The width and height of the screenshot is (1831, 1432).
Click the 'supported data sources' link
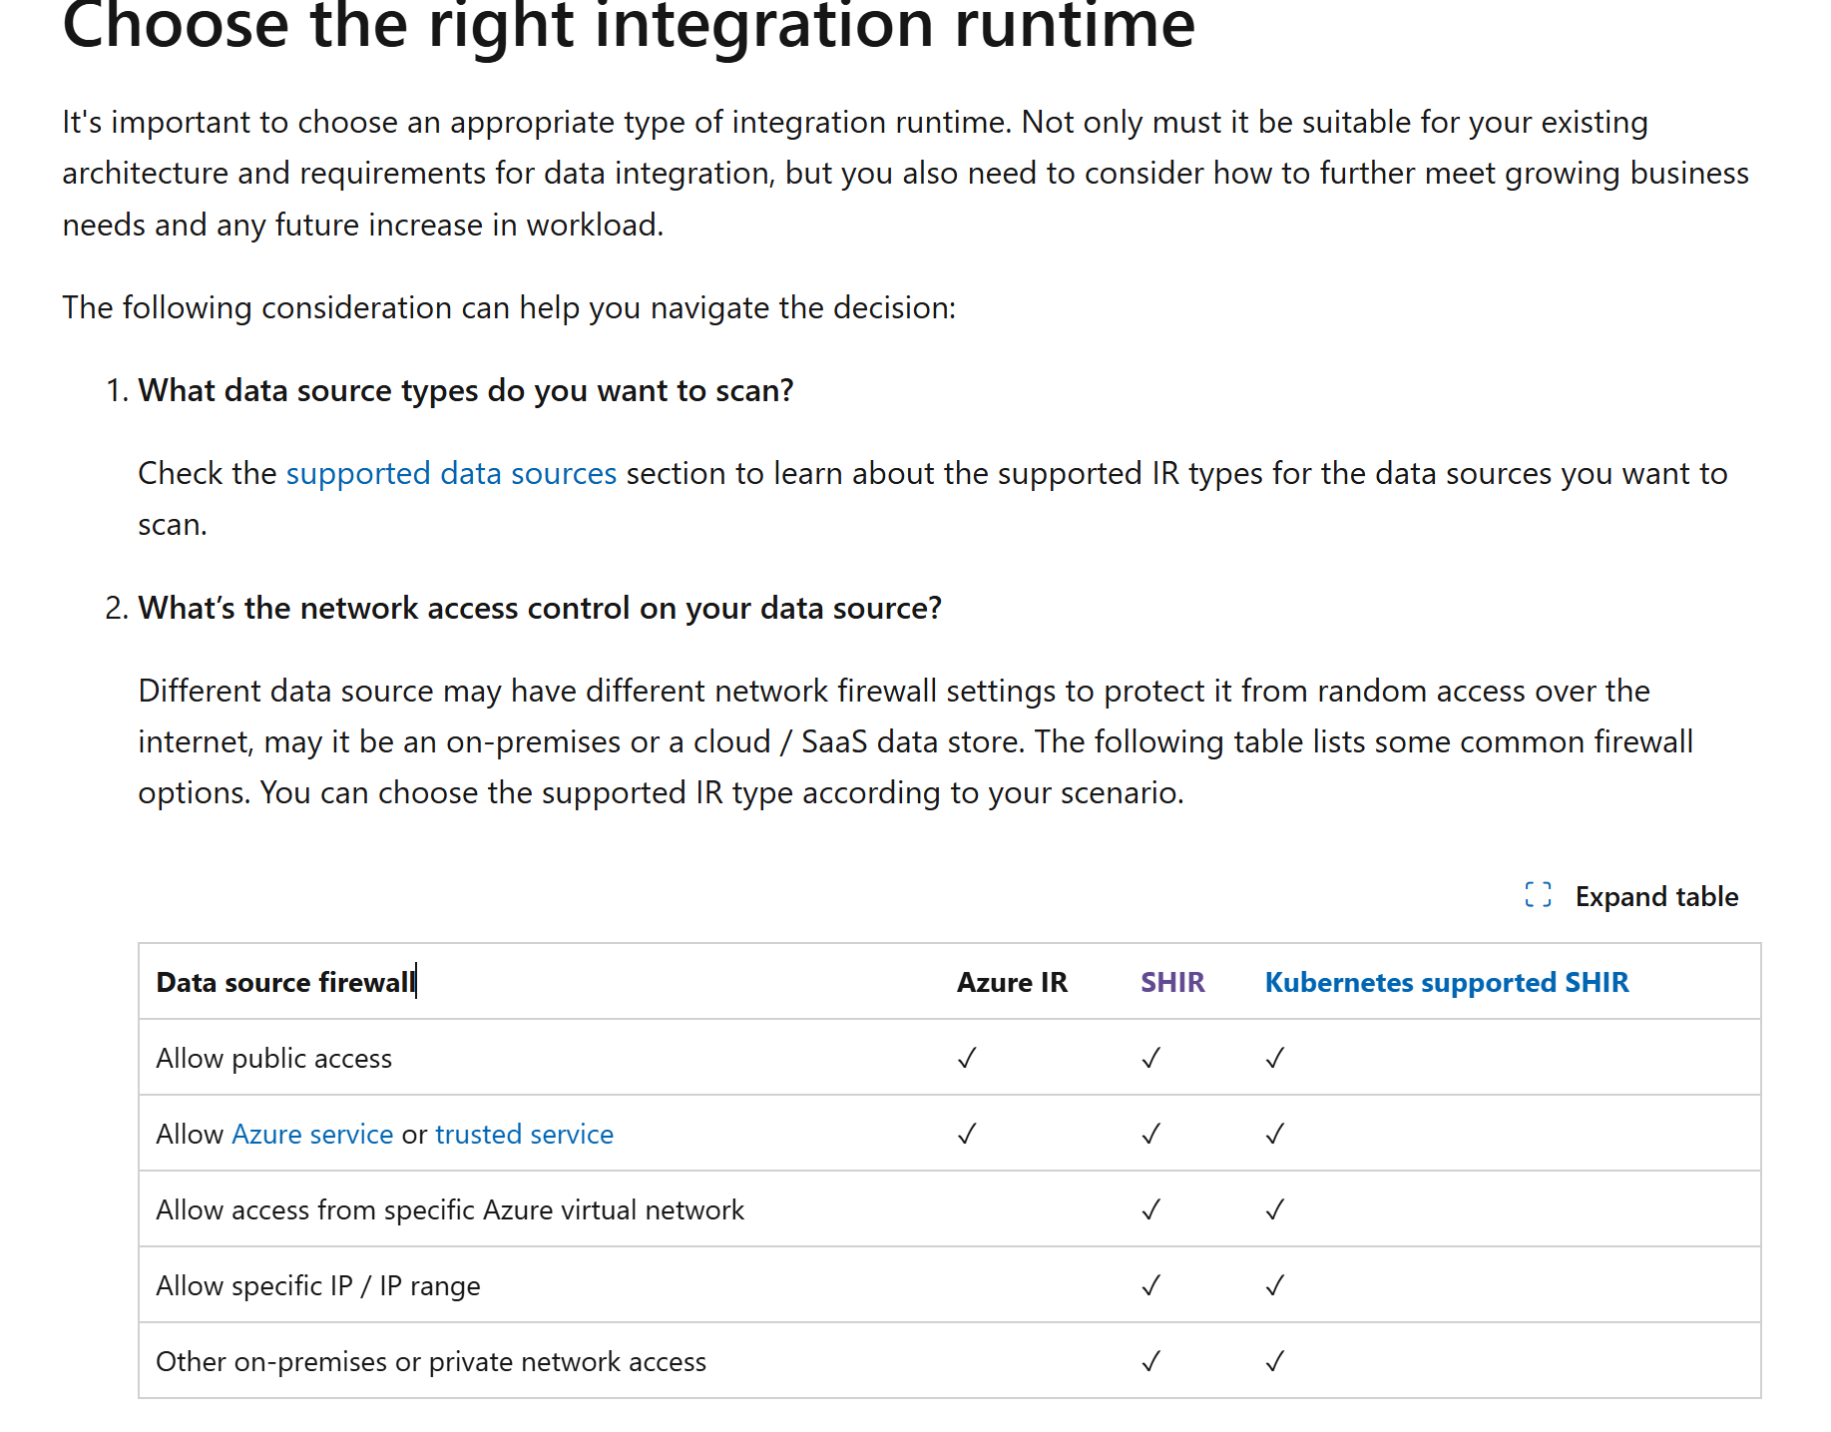pos(451,473)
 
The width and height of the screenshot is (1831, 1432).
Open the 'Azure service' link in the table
pos(312,1134)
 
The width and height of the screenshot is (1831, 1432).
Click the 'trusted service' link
pos(524,1134)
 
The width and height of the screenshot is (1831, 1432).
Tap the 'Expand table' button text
pos(1656,896)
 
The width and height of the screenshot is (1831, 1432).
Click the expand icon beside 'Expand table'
pos(1538,895)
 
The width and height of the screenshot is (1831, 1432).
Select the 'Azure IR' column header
pos(1012,982)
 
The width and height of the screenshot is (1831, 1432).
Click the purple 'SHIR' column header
pos(1172,982)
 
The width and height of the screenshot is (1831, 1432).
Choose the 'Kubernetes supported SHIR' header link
pos(1446,982)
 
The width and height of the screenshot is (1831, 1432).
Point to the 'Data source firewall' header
pos(285,982)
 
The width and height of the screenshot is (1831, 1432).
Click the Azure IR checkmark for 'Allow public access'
pos(966,1058)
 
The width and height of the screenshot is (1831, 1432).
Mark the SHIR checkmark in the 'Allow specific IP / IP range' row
pos(1150,1285)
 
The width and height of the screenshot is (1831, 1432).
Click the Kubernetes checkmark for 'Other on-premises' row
pos(1274,1361)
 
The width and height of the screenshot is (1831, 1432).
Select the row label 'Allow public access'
pos(274,1058)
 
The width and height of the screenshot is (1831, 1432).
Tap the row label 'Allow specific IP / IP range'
pos(318,1285)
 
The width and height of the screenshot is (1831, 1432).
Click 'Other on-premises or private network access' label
pos(431,1361)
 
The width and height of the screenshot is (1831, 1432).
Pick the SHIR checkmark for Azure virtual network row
pos(1150,1209)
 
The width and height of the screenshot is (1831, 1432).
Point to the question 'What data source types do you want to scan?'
pos(465,390)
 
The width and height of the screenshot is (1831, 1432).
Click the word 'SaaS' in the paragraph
pos(834,741)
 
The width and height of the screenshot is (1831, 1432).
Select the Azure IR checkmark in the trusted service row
pos(966,1134)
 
